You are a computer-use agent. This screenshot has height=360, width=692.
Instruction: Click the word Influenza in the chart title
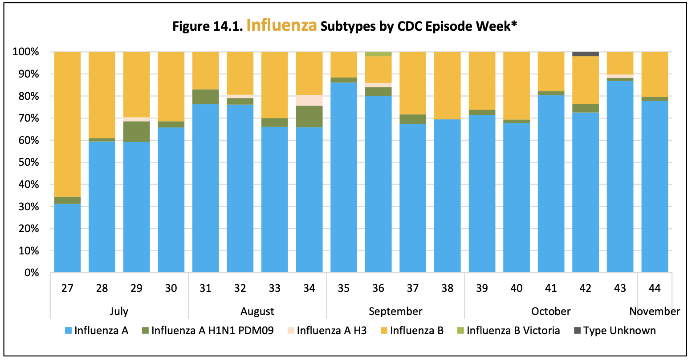(x=281, y=25)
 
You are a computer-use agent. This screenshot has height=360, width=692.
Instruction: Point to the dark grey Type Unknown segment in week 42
(x=586, y=54)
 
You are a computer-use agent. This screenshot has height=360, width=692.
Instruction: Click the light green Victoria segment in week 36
(x=378, y=54)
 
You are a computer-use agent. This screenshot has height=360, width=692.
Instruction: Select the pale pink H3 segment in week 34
(x=309, y=100)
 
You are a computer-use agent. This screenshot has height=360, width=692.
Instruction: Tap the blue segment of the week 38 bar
(x=447, y=196)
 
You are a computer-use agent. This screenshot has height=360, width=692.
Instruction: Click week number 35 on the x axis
(x=343, y=288)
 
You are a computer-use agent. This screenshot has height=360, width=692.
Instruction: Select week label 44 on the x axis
(x=655, y=288)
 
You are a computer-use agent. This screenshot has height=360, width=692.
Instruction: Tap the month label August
(x=257, y=311)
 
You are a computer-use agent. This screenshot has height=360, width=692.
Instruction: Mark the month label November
(x=655, y=311)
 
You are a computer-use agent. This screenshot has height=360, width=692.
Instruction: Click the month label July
(x=119, y=311)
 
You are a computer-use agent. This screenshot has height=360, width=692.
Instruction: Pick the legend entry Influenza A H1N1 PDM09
(x=212, y=331)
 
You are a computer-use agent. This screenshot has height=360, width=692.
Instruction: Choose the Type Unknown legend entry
(x=619, y=331)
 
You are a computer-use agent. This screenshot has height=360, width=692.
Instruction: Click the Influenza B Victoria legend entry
(x=513, y=331)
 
